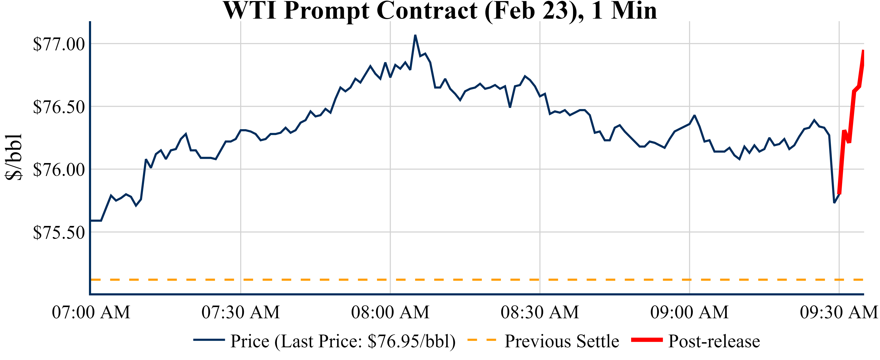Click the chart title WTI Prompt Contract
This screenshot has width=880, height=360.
click(440, 11)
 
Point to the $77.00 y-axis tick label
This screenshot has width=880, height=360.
click(59, 44)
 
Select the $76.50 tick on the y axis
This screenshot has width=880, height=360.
click(59, 107)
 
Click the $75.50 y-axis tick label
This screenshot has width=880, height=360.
click(59, 233)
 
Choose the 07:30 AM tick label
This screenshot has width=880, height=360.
click(241, 312)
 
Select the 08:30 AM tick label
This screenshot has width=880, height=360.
click(540, 312)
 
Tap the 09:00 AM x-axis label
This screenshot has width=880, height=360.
click(689, 312)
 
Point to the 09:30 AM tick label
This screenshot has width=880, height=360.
click(839, 312)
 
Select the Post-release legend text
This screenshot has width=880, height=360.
click(714, 341)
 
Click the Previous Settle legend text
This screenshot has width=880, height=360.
click(562, 341)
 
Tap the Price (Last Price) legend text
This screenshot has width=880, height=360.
click(343, 341)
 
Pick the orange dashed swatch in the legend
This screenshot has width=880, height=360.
click(481, 340)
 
